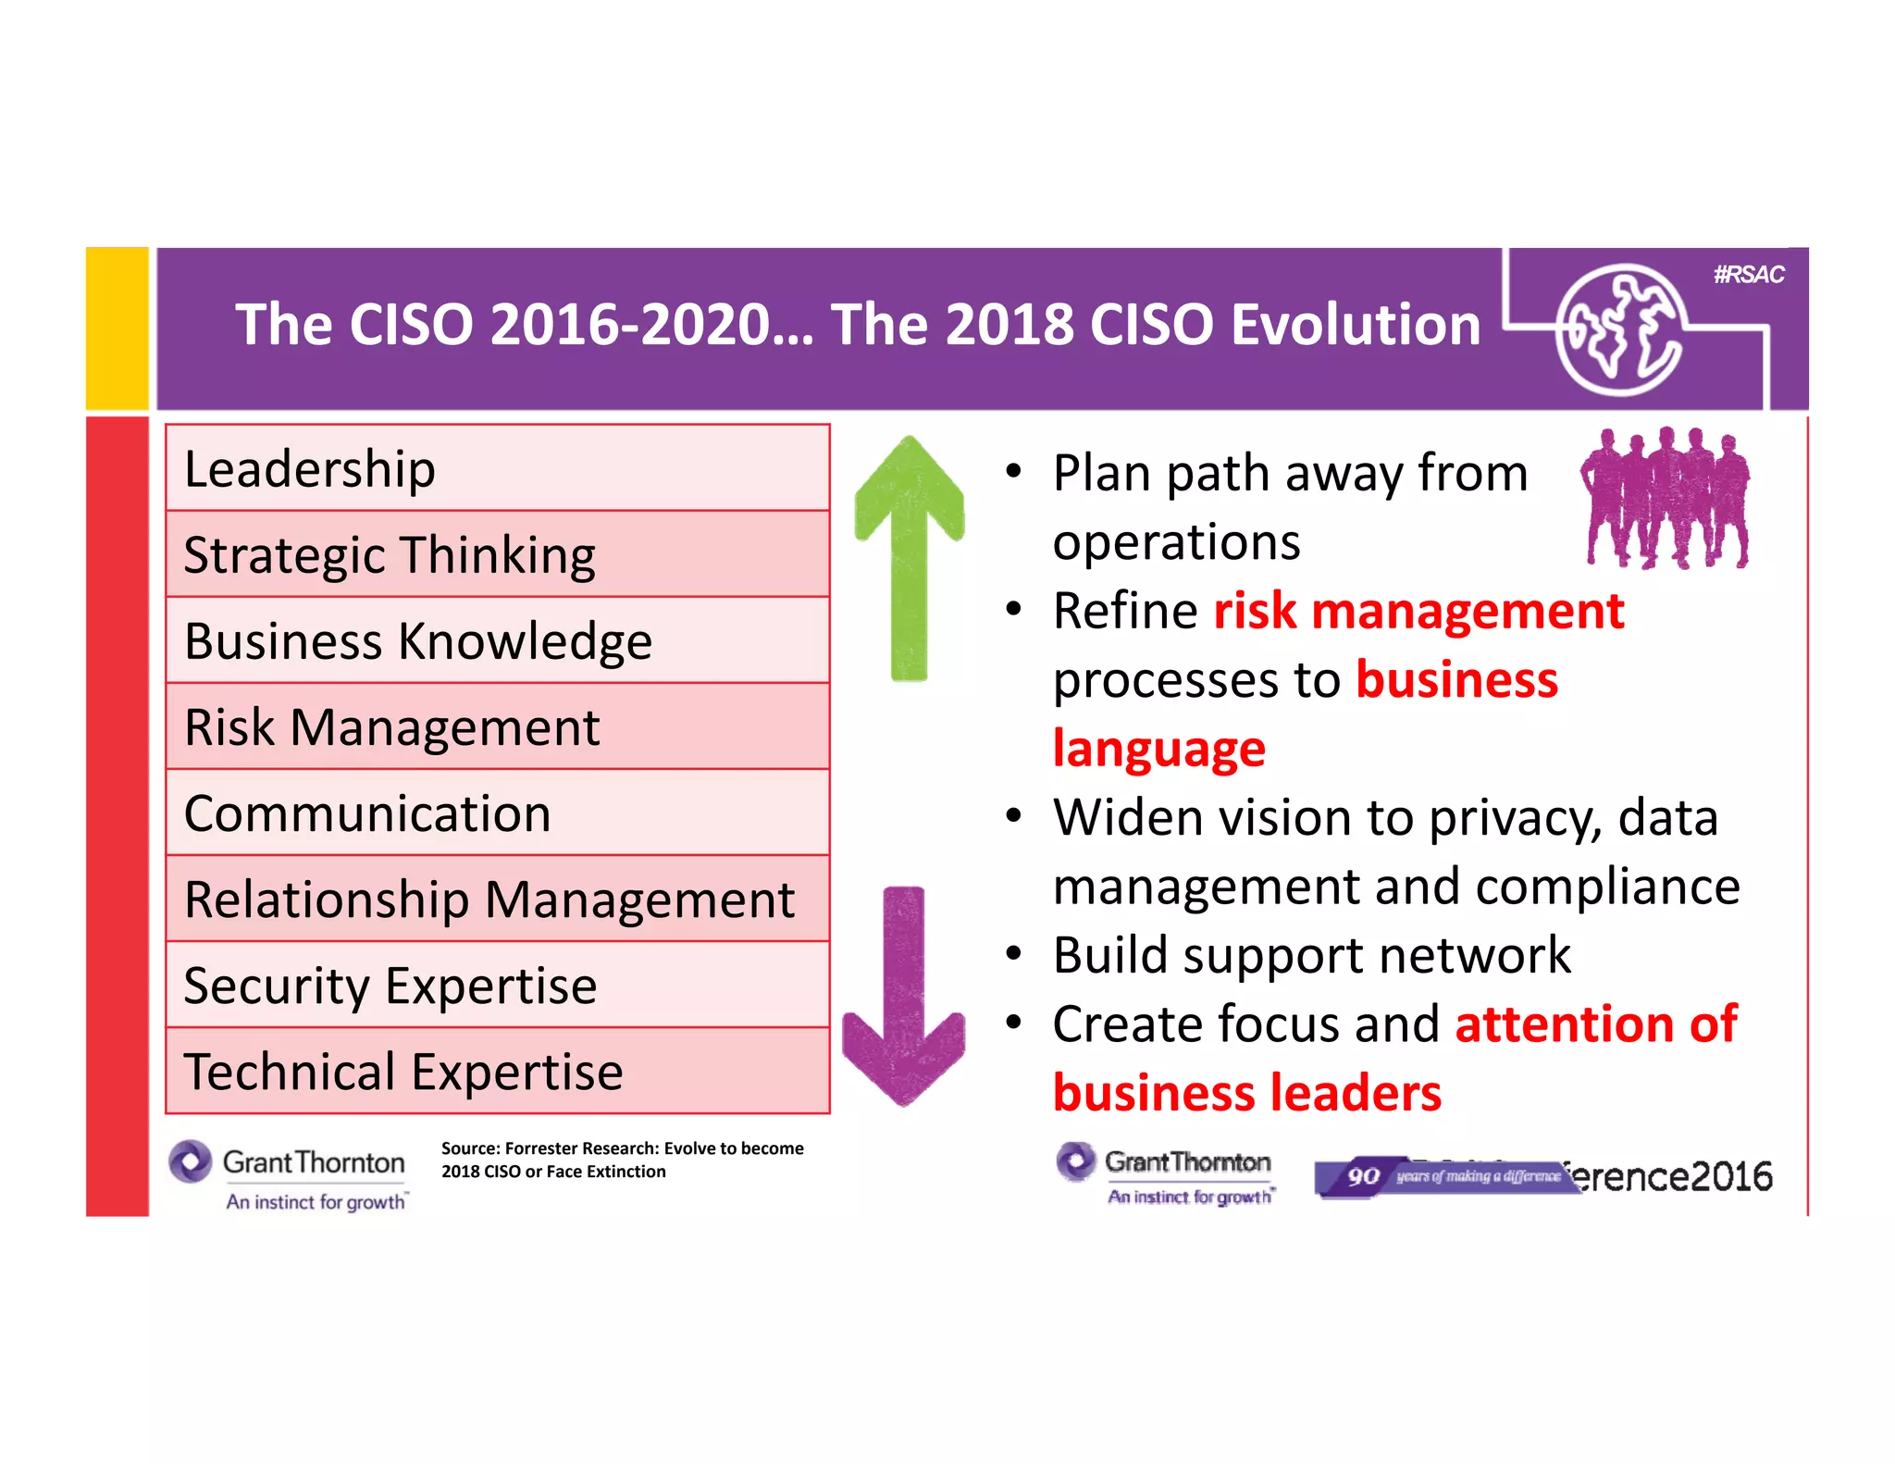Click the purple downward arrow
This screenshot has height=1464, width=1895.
pyautogui.click(x=904, y=995)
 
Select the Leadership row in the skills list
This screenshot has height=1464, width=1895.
pyautogui.click(x=497, y=468)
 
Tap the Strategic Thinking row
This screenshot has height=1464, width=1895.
pyautogui.click(x=497, y=554)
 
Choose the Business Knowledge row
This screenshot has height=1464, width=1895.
pyautogui.click(x=497, y=640)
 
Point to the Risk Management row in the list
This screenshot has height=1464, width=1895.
pyautogui.click(x=497, y=726)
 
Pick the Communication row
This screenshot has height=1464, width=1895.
pyautogui.click(x=497, y=813)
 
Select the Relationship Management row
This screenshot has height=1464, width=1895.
pyautogui.click(x=497, y=899)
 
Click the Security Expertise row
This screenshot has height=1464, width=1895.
pyautogui.click(x=497, y=985)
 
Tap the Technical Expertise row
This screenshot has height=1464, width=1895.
pyautogui.click(x=497, y=1071)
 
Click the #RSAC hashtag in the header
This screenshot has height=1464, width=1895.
pyautogui.click(x=1748, y=275)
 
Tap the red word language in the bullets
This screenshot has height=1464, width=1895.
pyautogui.click(x=1158, y=749)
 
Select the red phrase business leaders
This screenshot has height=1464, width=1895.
pyautogui.click(x=1246, y=1093)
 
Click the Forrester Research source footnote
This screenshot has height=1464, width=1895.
pyautogui.click(x=622, y=1160)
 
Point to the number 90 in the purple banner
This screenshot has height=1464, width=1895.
pyautogui.click(x=1363, y=1176)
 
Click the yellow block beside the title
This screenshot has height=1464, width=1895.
pyautogui.click(x=118, y=329)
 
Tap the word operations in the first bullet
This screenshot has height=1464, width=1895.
pyautogui.click(x=1176, y=541)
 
